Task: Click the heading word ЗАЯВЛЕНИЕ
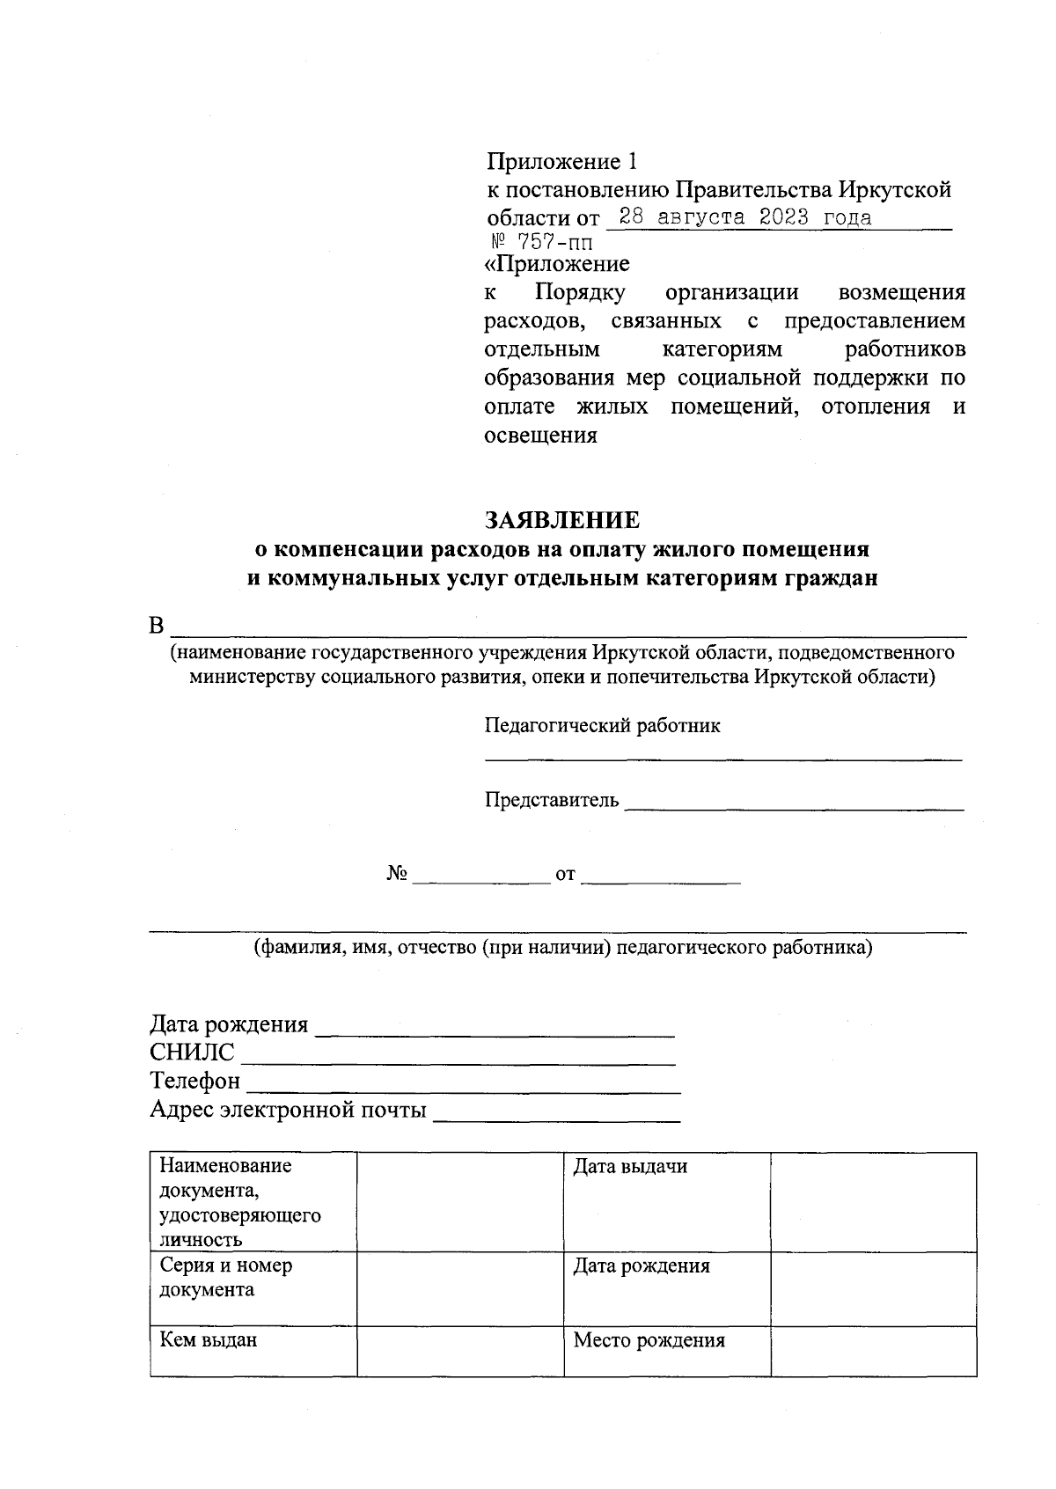coord(564,520)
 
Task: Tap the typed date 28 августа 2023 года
coord(745,217)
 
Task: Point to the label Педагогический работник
coord(602,725)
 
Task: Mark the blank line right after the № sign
coord(480,878)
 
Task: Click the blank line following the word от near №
coord(660,878)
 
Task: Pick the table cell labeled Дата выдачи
coord(666,1201)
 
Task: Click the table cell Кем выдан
coord(253,1350)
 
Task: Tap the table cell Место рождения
coord(666,1350)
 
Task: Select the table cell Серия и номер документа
coord(253,1288)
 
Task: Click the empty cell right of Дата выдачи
coord(873,1201)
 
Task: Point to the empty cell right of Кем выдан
coord(460,1350)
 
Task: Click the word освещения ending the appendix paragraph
coord(541,435)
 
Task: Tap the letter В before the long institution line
coord(157,626)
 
